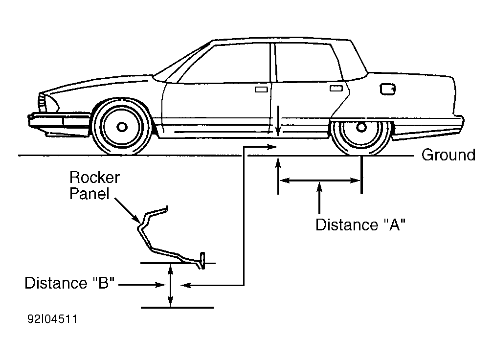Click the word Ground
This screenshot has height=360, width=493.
[448, 155]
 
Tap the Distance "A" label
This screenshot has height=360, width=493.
[360, 225]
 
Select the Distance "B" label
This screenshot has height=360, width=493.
[69, 283]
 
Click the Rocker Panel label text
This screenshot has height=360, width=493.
[94, 185]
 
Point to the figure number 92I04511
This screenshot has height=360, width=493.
[52, 319]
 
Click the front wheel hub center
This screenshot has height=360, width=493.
[122, 127]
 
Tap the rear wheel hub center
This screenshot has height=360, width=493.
[361, 127]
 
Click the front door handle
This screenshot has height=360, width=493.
[261, 90]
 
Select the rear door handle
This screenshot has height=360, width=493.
[336, 89]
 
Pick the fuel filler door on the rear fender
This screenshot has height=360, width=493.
[387, 90]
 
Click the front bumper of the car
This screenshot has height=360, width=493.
[47, 121]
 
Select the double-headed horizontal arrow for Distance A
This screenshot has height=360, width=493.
[319, 180]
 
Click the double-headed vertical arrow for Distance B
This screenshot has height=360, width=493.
[170, 286]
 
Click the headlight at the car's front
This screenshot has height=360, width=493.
[43, 102]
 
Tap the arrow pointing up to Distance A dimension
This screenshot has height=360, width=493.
[319, 198]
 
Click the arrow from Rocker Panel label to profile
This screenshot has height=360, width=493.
[127, 210]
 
